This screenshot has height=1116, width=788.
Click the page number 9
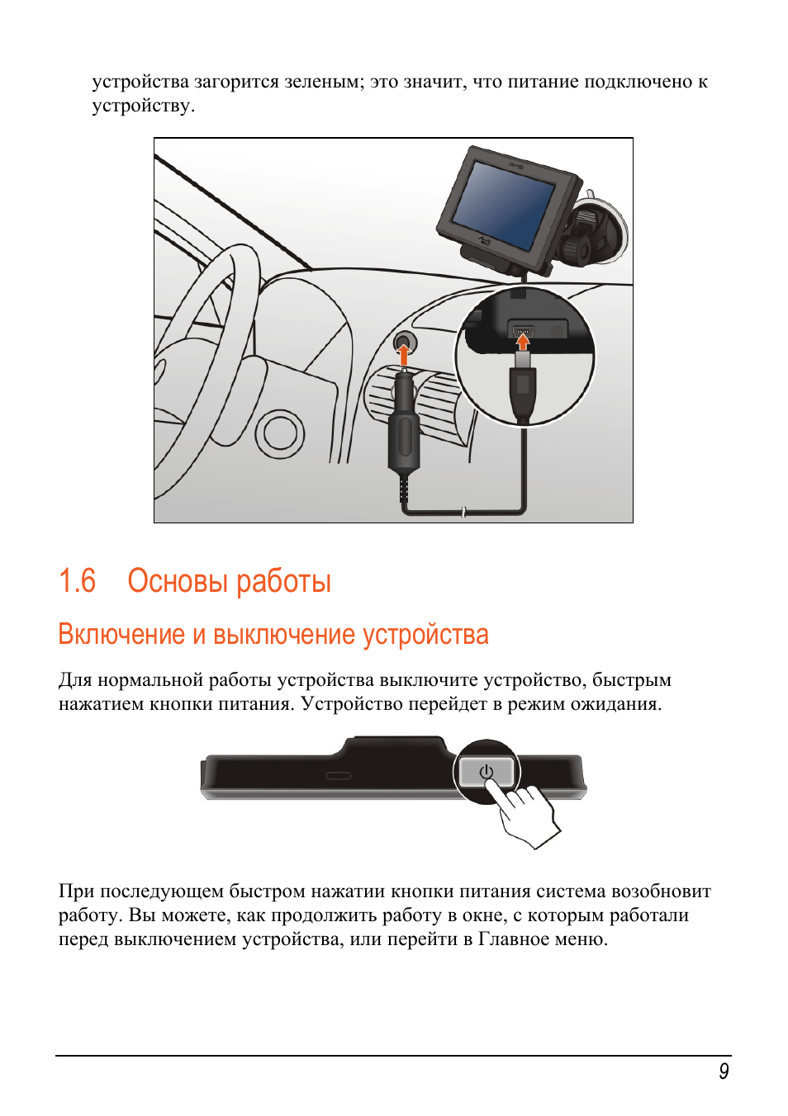[x=724, y=1071]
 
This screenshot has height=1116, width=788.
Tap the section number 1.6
[x=77, y=581]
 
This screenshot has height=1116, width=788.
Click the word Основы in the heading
[x=178, y=581]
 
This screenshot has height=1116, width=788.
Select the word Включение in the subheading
[x=121, y=634]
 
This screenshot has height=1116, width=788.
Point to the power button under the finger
[x=487, y=773]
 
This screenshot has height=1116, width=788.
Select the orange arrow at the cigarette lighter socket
[x=403, y=356]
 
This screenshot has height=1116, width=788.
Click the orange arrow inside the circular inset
[x=522, y=341]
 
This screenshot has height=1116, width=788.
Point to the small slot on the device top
[x=338, y=776]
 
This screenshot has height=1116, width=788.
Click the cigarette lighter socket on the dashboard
[x=404, y=341]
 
